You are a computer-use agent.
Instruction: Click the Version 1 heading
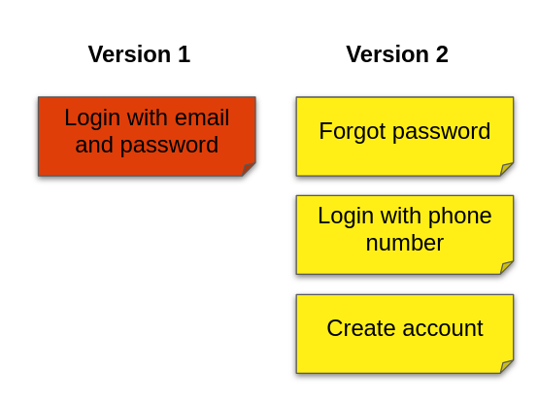[x=139, y=54]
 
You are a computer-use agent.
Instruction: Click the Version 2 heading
[x=397, y=54]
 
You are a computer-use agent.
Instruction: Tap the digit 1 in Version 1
[x=185, y=54]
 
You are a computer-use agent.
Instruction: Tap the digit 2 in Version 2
[x=442, y=54]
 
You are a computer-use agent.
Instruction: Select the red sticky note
[x=147, y=137]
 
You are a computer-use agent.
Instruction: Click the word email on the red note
[x=202, y=118]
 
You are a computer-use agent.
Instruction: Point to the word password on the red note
[x=169, y=145]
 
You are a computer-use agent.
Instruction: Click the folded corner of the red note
[x=249, y=169]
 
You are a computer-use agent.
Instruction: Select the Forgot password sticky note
[x=405, y=137]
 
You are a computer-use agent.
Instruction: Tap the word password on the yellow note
[x=441, y=132]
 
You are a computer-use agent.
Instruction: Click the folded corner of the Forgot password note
[x=506, y=169]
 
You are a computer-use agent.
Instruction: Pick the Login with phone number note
[x=405, y=235]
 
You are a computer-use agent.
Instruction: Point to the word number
[x=405, y=243]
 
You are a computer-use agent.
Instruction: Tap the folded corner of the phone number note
[x=506, y=267]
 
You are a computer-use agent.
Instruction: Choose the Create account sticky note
[x=405, y=334]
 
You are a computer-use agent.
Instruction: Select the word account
[x=443, y=329]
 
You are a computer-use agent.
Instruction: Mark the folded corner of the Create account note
[x=506, y=366]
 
